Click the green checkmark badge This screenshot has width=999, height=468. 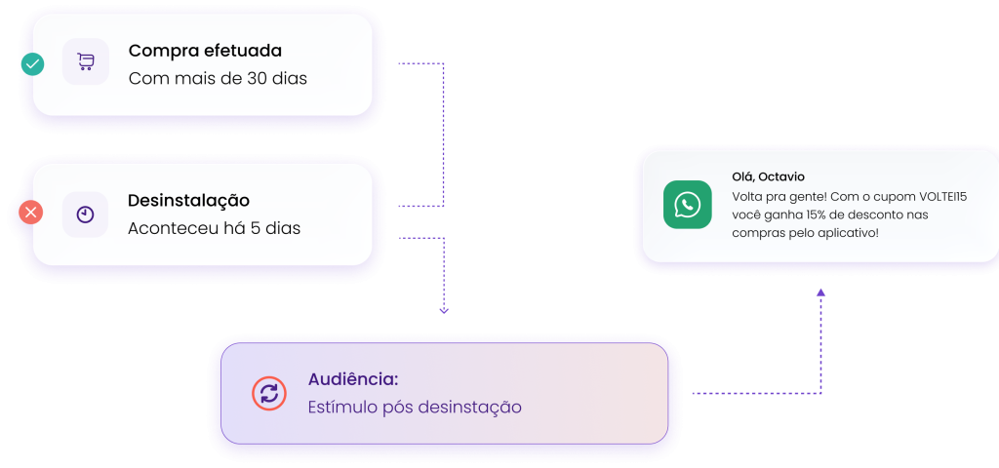click(x=32, y=64)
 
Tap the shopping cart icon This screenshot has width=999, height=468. click(x=86, y=62)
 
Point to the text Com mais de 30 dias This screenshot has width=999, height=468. click(x=218, y=78)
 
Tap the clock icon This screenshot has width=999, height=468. click(x=86, y=214)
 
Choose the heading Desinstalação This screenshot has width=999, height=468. click(x=188, y=201)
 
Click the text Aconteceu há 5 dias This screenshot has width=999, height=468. click(x=214, y=229)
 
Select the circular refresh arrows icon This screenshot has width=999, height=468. click(x=270, y=393)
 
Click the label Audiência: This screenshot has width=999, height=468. click(x=353, y=379)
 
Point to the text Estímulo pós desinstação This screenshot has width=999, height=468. click(x=415, y=407)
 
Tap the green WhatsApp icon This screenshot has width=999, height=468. click(x=688, y=205)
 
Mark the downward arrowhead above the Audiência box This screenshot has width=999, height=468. click(x=444, y=310)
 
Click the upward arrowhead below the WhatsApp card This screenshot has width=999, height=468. click(x=820, y=292)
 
